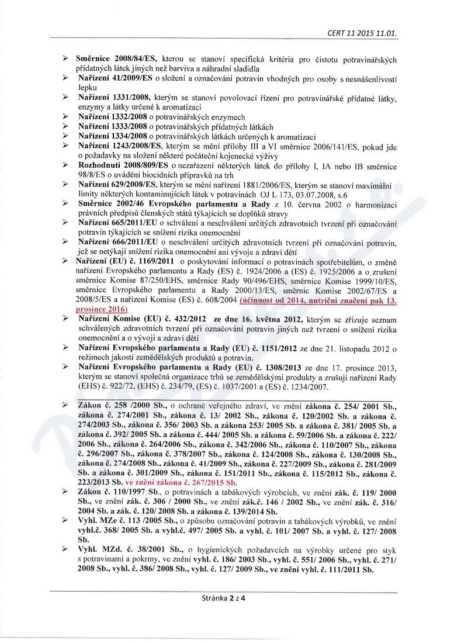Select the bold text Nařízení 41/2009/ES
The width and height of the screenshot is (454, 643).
point(115,78)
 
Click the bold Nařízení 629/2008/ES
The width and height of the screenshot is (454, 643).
point(116,184)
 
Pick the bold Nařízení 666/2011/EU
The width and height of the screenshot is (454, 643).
point(119,241)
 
